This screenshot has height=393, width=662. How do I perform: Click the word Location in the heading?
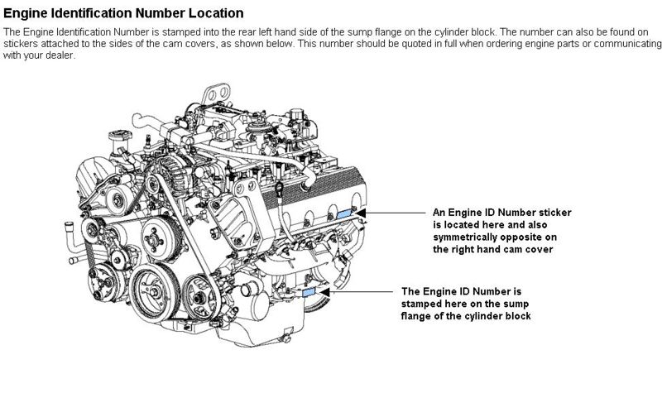tap(216, 13)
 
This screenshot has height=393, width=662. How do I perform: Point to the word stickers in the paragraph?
tap(20, 44)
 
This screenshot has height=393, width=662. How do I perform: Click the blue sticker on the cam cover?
tap(344, 213)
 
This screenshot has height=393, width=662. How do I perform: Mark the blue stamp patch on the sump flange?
tap(309, 291)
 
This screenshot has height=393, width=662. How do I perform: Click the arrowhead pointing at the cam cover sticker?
tap(360, 213)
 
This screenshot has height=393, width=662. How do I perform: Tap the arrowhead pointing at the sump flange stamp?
tap(324, 291)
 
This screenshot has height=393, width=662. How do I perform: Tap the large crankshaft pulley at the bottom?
tap(153, 291)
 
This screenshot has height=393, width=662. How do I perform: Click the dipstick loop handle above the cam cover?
tap(279, 187)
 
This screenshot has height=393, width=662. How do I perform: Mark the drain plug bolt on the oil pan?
tap(285, 338)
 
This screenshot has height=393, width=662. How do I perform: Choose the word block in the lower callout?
tap(519, 316)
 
